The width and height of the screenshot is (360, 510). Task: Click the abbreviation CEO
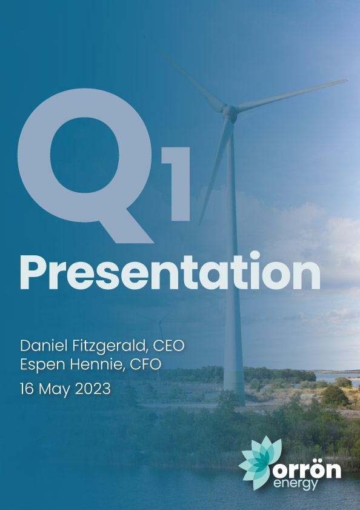click(168, 346)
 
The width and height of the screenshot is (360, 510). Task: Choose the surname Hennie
click(98, 364)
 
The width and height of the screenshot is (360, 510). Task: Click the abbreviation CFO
click(145, 364)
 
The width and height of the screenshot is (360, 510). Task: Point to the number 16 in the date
click(27, 389)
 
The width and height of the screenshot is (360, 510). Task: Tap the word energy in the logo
click(295, 484)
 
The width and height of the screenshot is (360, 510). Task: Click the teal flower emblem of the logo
click(259, 462)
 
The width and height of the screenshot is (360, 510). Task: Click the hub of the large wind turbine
click(230, 112)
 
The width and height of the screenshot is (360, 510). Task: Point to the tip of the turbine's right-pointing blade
click(347, 80)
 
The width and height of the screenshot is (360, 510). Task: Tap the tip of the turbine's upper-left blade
click(144, 36)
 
